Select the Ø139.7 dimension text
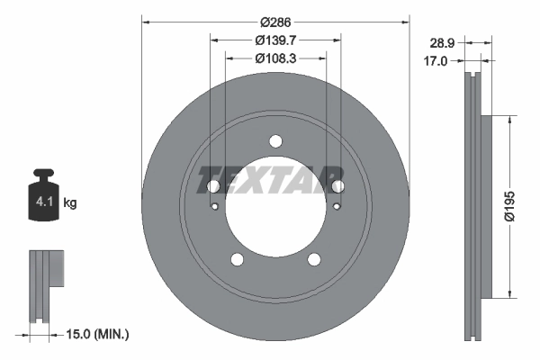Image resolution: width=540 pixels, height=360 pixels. [x=275, y=40]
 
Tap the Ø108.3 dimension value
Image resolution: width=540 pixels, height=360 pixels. [x=275, y=58]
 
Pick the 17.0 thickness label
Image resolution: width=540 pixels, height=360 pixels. [x=436, y=62]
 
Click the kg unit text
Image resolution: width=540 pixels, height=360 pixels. [x=70, y=203]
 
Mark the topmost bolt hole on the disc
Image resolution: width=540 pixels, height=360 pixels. [x=275, y=140]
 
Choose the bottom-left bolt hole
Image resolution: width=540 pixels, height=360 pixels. [x=238, y=259]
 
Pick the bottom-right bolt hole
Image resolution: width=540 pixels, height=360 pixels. [x=314, y=259]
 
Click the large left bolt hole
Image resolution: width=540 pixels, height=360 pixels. [x=213, y=186]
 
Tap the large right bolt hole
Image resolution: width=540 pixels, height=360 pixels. [x=338, y=186]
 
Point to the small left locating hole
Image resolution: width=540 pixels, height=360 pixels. [x=215, y=206]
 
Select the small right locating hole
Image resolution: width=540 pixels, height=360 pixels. [x=336, y=206]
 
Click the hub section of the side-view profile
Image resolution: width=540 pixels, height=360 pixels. [x=487, y=206]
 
